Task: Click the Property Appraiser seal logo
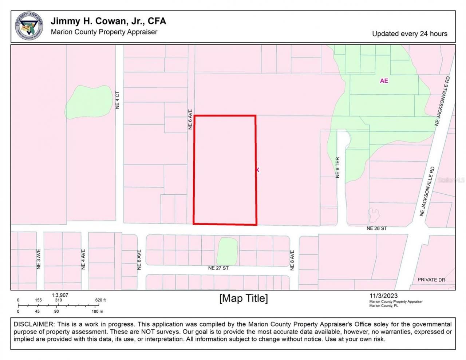coord(29,26)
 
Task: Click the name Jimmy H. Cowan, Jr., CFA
coord(108,21)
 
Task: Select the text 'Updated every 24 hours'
coord(410,34)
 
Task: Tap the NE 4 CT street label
coord(117,100)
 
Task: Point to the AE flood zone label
coord(384,81)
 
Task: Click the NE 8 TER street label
coord(337,167)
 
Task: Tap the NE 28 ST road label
coord(376,229)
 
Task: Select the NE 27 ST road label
coord(218,268)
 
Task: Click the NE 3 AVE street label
coord(39,259)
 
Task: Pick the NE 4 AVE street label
coord(83,259)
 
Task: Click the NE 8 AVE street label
coord(292,260)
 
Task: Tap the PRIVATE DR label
coord(431,280)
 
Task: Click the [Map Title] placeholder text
coord(243,298)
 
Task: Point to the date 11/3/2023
coord(383,296)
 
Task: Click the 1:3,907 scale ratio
coord(60,295)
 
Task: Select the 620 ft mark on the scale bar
coord(100,300)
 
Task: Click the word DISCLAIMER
coord(33,324)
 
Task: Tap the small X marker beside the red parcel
coord(258,170)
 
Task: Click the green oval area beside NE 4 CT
coord(89,102)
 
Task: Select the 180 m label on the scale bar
coord(97,312)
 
